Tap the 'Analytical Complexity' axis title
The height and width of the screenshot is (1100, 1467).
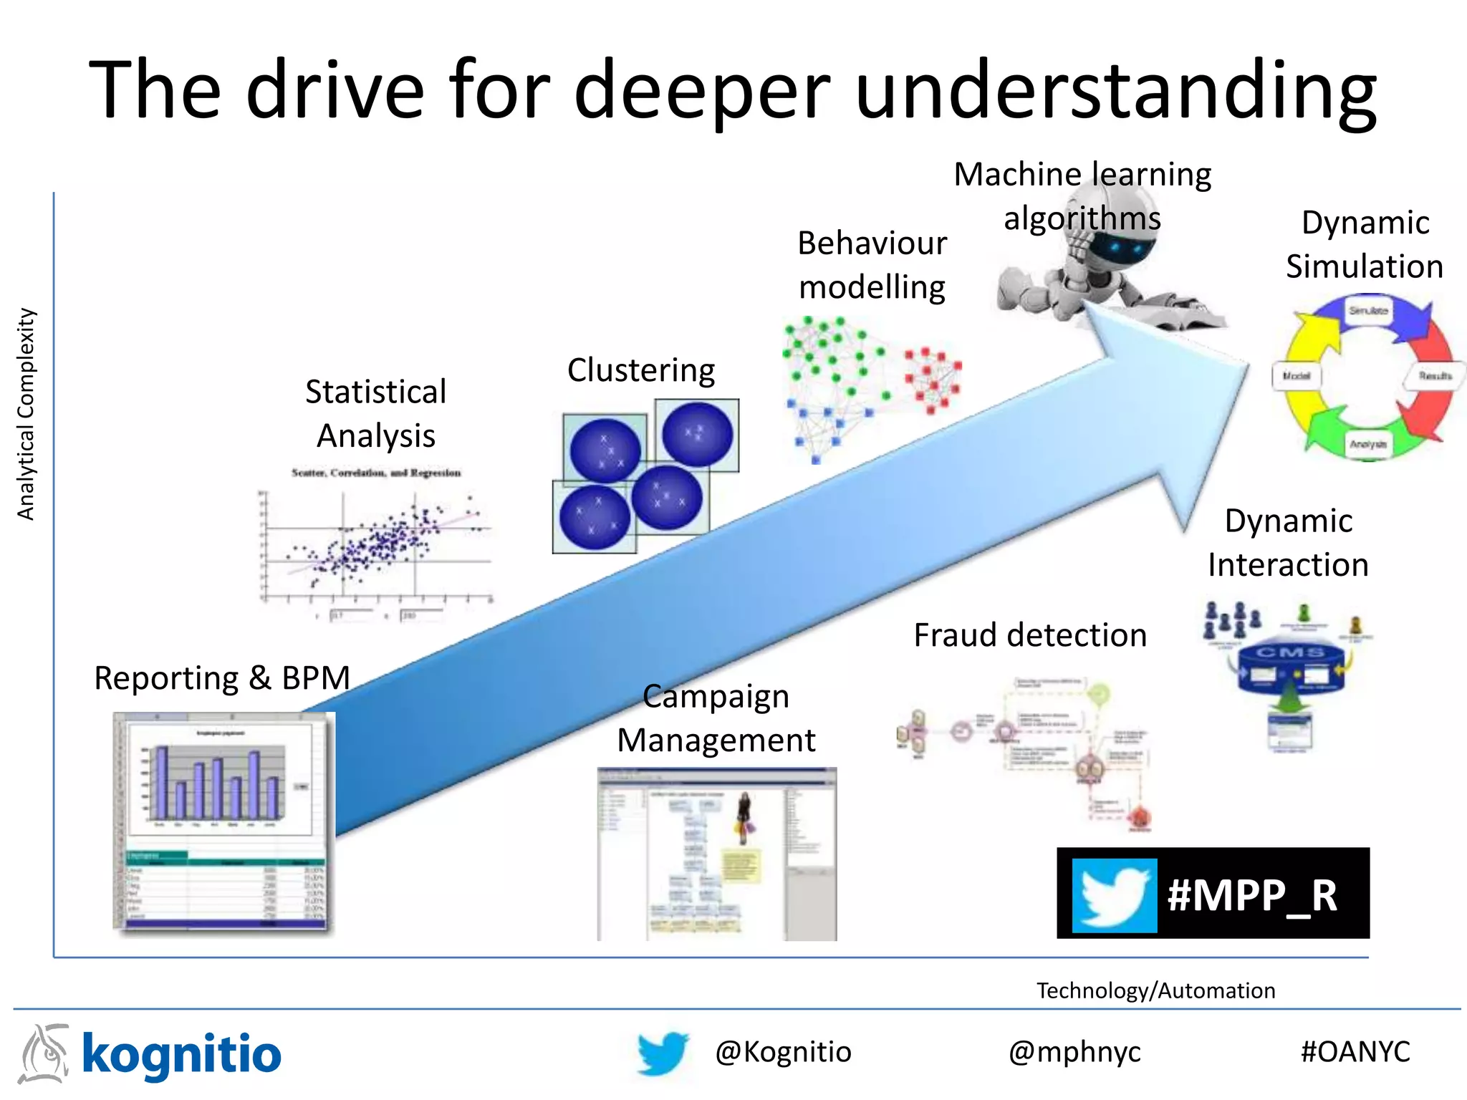tap(26, 414)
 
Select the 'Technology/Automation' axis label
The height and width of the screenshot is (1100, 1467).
tap(1155, 990)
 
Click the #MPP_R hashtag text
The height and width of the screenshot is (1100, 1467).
tap(1252, 895)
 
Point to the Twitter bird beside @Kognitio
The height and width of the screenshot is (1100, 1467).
tap(663, 1053)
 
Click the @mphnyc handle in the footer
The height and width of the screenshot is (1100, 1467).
tap(1074, 1052)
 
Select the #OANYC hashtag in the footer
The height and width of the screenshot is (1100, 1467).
tap(1355, 1052)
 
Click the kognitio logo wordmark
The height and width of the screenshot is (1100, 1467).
tap(181, 1055)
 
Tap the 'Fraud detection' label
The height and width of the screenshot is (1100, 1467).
tap(1030, 635)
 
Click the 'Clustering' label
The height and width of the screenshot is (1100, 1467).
tap(641, 370)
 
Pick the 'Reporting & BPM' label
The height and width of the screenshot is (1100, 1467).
tap(222, 678)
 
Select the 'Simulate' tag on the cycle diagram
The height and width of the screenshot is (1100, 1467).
tap(1368, 311)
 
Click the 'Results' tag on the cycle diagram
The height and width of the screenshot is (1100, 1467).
tap(1435, 376)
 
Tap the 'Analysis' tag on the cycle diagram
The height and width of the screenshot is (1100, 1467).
tap(1368, 444)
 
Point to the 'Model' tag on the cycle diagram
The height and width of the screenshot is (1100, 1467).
tap(1296, 376)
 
